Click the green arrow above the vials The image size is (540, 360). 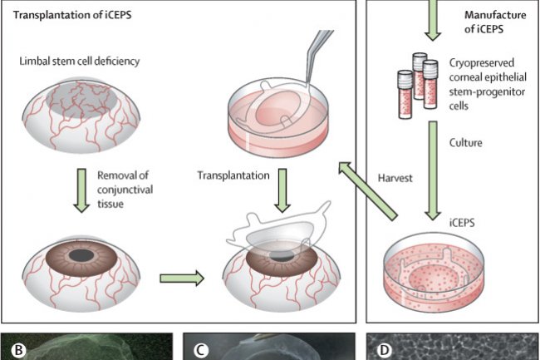433,21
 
